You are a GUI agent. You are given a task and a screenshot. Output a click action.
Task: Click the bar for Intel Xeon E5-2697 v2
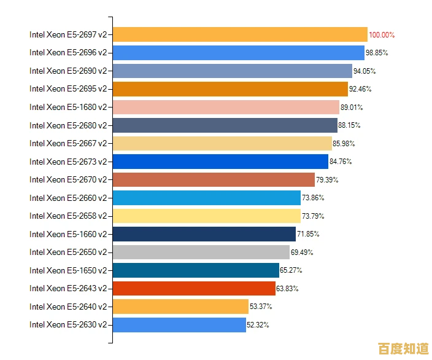tap(240, 34)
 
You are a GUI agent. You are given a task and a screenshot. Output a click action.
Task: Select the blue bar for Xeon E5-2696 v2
tap(239, 53)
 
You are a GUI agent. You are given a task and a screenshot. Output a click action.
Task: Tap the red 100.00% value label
tap(382, 35)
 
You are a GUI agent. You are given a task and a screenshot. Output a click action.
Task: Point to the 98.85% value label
tap(377, 53)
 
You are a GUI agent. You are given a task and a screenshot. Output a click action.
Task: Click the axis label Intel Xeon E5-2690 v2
tap(68, 71)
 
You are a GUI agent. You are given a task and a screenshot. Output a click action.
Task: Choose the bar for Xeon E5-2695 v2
tap(230, 89)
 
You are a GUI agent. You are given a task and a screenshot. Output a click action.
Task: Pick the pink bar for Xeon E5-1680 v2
tap(226, 107)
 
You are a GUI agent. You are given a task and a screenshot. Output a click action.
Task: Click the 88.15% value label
tap(350, 125)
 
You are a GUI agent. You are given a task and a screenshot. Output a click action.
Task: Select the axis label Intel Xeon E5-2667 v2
tap(68, 143)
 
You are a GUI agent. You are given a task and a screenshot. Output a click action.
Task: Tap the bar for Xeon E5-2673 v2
tap(220, 162)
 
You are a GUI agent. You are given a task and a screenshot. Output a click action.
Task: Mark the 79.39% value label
tap(327, 180)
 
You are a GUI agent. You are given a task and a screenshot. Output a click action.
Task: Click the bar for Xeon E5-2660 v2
tap(207, 198)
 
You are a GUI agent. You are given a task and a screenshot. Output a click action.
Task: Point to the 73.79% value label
tap(313, 216)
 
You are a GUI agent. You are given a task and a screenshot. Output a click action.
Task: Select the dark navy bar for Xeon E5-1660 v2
tap(204, 234)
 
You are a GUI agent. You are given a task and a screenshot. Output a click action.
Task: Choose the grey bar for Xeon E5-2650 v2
tap(201, 252)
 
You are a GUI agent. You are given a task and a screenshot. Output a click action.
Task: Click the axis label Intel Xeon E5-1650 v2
tap(68, 270)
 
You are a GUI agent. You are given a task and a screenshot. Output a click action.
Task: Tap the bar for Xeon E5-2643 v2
tap(194, 288)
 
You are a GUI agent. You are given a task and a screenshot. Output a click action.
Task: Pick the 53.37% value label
tap(261, 307)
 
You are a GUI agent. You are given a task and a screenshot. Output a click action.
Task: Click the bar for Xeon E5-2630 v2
tap(179, 324)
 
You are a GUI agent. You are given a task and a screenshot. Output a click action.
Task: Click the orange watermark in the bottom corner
tap(403, 348)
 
